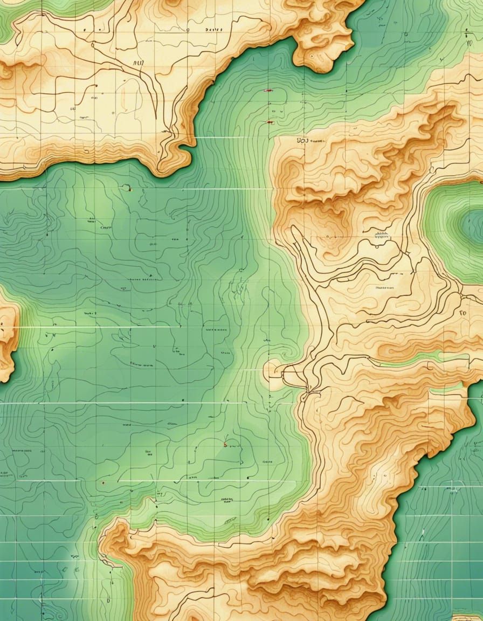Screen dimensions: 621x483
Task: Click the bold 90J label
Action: (301, 141)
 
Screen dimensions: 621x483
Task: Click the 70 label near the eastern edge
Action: (463, 312)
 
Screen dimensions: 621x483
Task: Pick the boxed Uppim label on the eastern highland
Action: (382, 236)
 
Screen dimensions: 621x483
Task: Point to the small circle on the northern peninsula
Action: (187, 31)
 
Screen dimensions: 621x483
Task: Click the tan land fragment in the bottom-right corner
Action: (467, 616)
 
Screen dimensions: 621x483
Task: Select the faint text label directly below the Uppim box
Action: (384, 288)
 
